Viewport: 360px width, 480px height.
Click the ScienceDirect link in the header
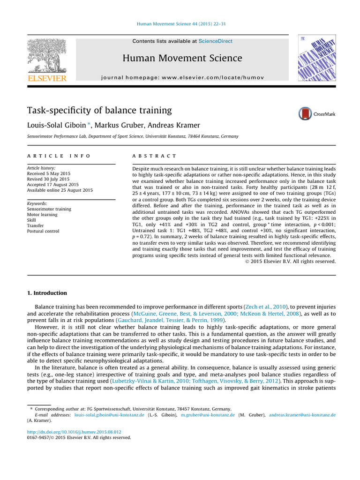click(x=215, y=41)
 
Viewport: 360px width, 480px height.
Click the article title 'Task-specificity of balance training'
click(x=100, y=111)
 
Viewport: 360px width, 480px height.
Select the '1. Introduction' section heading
click(x=47, y=293)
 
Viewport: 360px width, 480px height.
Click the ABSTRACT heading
click(x=155, y=156)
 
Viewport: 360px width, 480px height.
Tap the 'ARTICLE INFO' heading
click(x=59, y=156)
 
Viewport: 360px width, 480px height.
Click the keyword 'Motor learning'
click(x=43, y=215)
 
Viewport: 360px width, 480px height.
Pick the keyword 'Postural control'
click(x=44, y=232)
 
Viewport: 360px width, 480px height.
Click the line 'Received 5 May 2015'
click(x=48, y=173)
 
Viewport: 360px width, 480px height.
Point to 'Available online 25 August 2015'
click(x=60, y=190)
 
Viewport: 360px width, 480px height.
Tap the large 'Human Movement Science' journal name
click(x=182, y=58)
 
